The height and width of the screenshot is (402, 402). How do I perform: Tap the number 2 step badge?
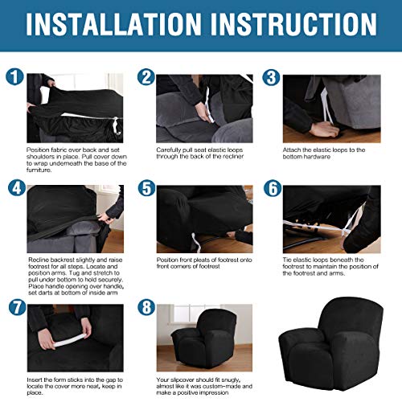pos(146,78)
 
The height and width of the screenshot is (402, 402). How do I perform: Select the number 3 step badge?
pos(272,78)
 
